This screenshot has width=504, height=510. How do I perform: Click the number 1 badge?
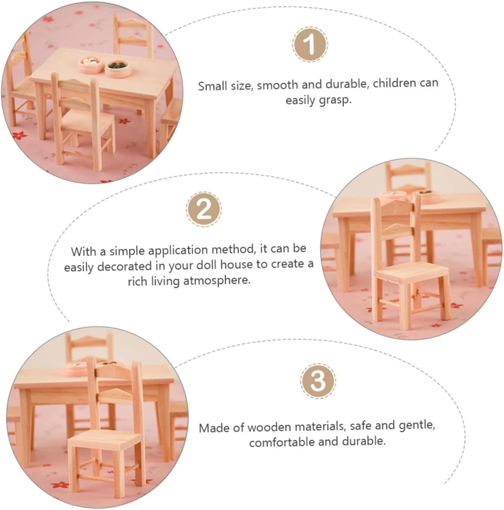pos(310,44)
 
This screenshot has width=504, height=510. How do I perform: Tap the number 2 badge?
pos(204,209)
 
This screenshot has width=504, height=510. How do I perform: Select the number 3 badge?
pos(318,381)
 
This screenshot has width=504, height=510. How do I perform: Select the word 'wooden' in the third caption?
pos(269,427)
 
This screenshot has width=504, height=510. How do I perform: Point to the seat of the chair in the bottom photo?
pos(105,440)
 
